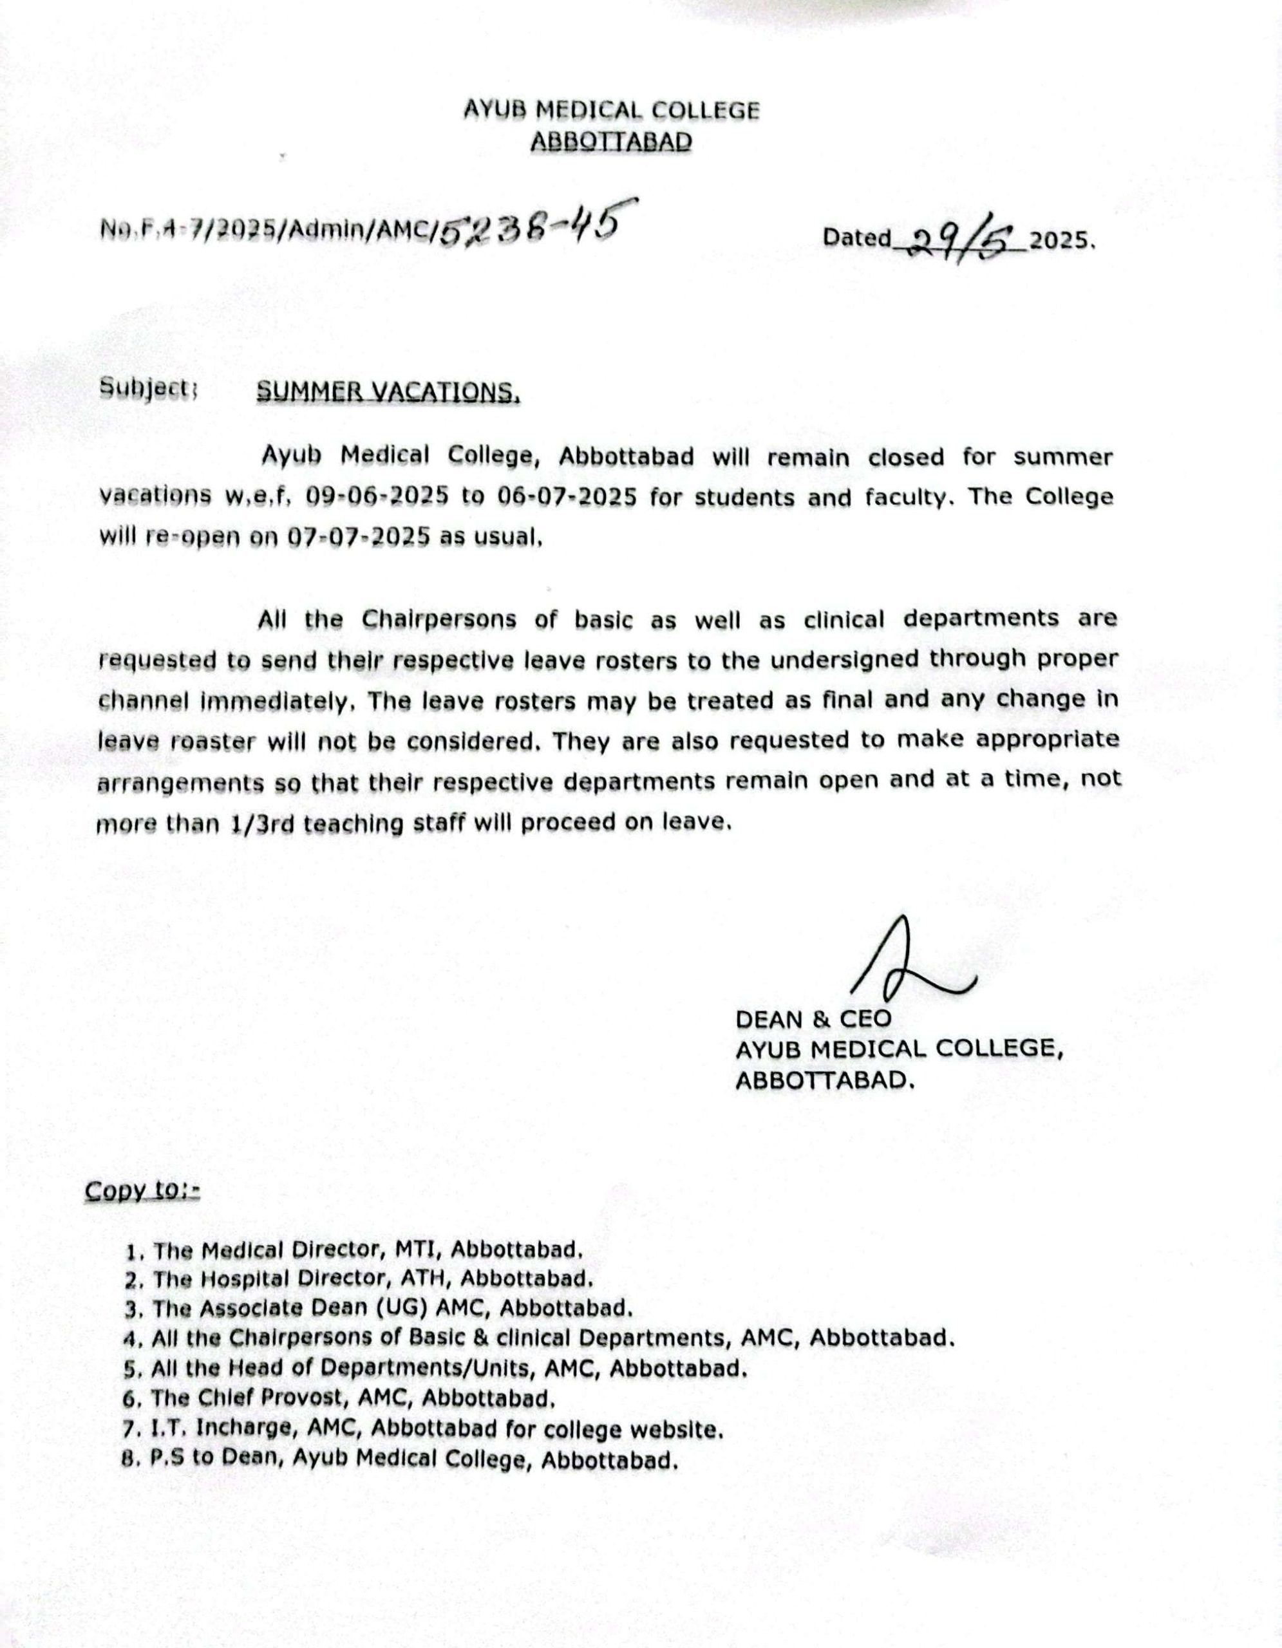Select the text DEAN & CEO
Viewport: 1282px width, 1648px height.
(x=813, y=1020)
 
